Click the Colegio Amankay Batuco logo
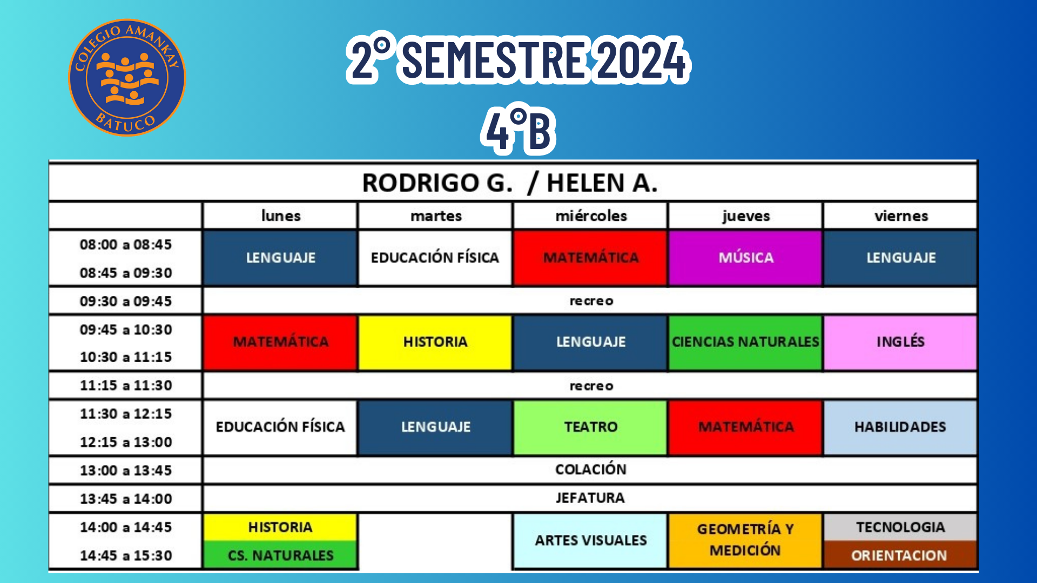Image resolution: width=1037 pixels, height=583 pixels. coord(127,78)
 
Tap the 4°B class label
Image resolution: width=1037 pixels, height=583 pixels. coord(518,130)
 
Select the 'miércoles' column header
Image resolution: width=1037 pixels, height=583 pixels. coord(591,216)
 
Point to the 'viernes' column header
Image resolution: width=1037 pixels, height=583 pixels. coord(901,216)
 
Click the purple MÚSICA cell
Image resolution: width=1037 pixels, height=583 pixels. coord(745,257)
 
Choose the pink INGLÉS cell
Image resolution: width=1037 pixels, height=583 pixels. coord(900,342)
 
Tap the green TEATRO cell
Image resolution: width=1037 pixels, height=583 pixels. coord(590,427)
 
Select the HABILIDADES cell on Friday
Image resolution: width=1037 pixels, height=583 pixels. coord(900,427)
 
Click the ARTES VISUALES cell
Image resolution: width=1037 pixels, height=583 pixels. coord(590,540)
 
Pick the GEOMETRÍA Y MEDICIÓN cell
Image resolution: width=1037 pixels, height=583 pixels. coord(745,540)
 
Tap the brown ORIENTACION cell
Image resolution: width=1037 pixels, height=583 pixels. coord(900,555)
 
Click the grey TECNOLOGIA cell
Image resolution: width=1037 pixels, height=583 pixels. coord(900,527)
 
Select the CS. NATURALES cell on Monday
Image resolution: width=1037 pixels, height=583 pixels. coord(280,555)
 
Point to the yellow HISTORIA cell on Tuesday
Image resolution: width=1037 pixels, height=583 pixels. coord(435,342)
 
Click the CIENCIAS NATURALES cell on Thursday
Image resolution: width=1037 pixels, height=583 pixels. coord(745,342)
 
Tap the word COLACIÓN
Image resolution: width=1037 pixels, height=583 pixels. coord(591,469)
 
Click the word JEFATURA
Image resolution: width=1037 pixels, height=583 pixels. coord(590,498)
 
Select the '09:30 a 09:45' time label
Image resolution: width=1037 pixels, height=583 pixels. coord(126,301)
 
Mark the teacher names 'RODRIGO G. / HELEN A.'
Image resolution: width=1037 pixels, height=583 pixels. coord(510,183)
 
